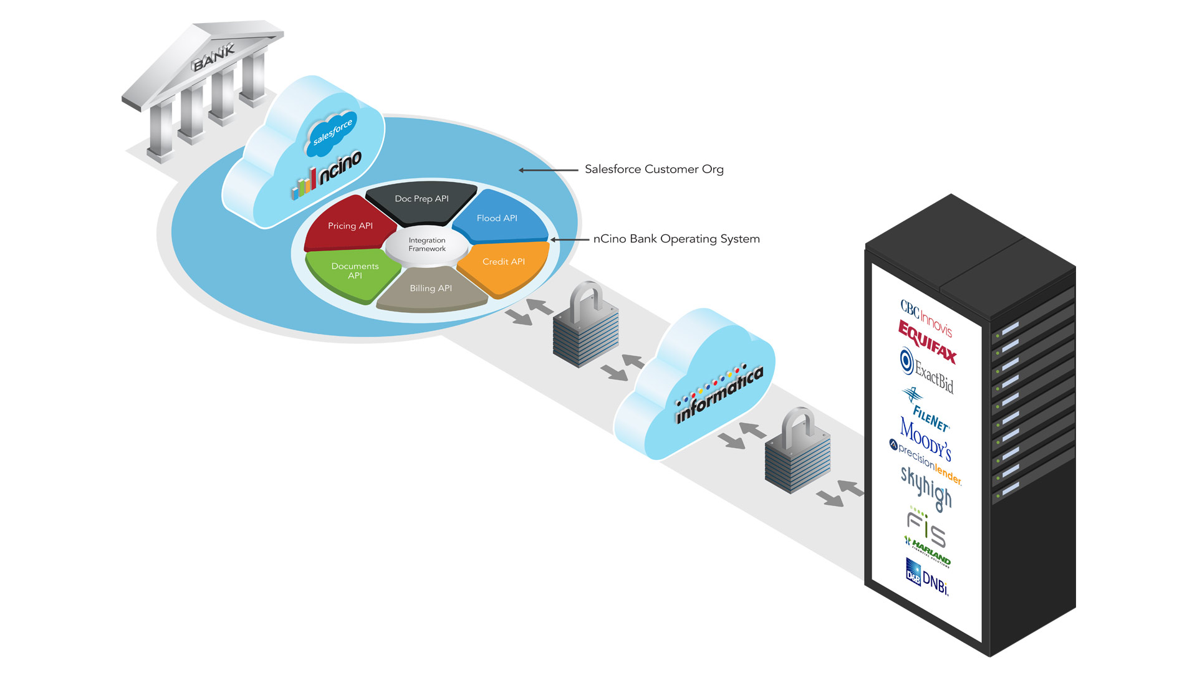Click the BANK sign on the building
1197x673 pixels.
tap(214, 56)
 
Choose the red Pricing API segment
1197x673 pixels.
tap(350, 226)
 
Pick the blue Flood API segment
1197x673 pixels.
tap(497, 219)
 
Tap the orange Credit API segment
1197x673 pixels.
tap(504, 262)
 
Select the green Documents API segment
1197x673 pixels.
tap(355, 271)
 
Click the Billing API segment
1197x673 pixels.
tap(431, 289)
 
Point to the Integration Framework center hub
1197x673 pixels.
tap(427, 244)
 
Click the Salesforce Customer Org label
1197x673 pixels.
tap(654, 169)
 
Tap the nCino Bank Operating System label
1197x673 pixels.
tap(676, 239)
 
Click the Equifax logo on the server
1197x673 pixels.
tap(927, 341)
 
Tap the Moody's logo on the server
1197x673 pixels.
tap(925, 437)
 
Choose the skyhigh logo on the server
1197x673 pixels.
tap(926, 488)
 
